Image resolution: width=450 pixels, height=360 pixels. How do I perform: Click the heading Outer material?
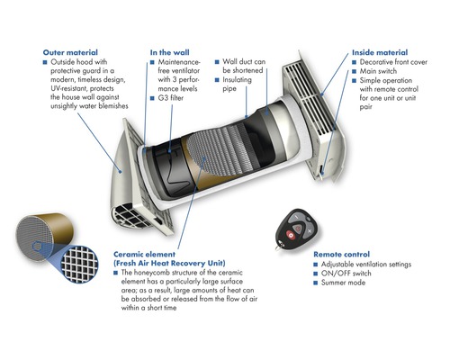coord(70,52)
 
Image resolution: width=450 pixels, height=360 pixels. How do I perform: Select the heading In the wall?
coord(169,52)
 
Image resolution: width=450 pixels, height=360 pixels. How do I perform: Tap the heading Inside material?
coord(380,52)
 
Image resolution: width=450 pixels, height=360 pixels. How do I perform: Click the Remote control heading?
coord(341,255)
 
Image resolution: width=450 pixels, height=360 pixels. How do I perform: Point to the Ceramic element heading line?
coord(144,255)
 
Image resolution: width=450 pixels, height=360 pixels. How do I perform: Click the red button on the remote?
coord(291,235)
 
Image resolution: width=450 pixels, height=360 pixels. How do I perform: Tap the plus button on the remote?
coord(310,231)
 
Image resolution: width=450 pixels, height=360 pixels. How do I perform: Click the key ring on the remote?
coord(277,247)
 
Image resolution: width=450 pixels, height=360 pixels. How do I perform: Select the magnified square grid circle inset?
coord(79,265)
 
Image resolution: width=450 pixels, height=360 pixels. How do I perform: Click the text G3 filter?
coord(170,98)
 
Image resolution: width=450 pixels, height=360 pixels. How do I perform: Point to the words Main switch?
coord(378,71)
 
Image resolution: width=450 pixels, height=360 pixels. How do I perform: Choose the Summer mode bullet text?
coord(343,283)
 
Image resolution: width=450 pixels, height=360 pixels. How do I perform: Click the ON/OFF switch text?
coord(346,274)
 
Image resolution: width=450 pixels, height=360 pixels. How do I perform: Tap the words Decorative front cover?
coord(393,62)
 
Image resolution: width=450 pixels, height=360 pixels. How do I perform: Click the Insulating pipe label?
coord(237,84)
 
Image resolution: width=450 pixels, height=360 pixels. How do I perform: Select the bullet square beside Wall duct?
coord(217,62)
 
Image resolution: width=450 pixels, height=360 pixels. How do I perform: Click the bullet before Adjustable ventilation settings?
coord(316,265)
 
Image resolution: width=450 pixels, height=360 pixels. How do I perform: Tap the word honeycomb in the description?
coord(152,273)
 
